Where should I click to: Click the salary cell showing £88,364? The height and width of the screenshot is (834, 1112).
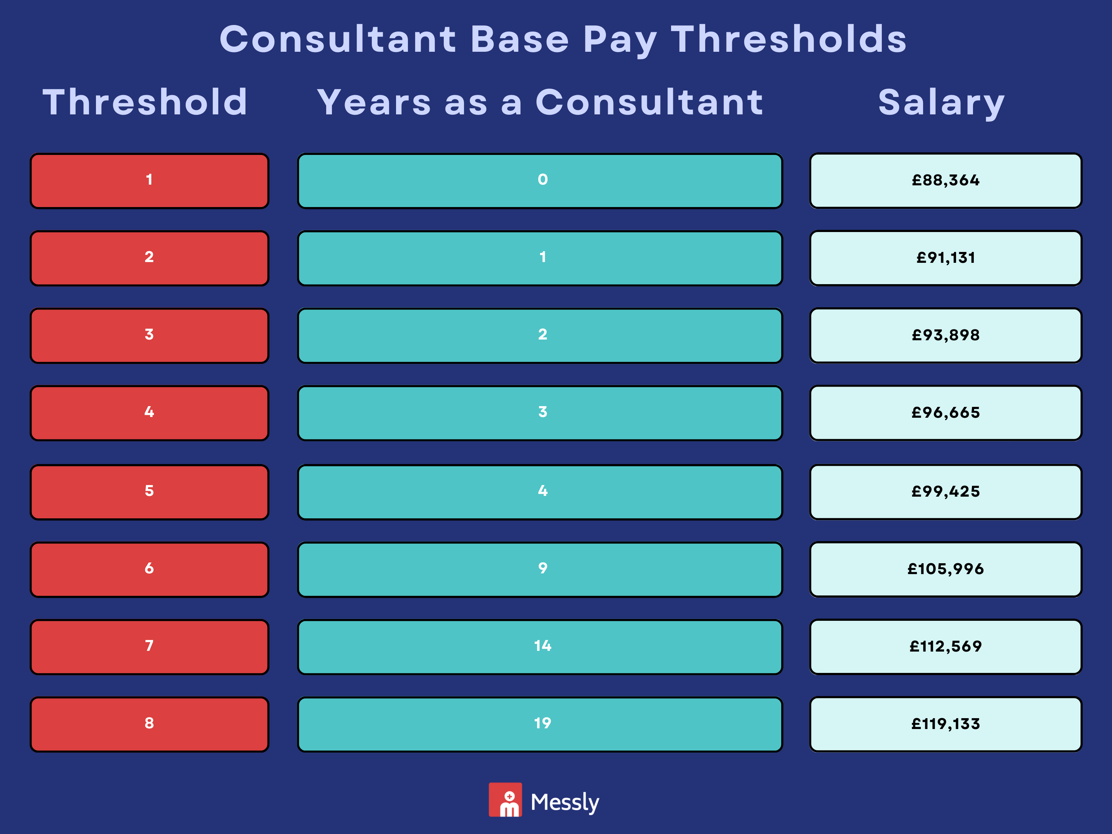point(945,181)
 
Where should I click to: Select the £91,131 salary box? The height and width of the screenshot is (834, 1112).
point(945,258)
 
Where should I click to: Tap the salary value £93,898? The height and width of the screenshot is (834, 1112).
point(945,335)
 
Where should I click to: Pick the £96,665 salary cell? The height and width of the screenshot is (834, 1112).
point(945,413)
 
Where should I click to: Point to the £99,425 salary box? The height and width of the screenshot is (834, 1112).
point(945,492)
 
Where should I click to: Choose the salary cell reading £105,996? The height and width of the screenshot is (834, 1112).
point(945,569)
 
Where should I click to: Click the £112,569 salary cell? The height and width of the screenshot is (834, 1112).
point(945,646)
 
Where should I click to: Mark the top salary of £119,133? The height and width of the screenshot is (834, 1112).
point(945,724)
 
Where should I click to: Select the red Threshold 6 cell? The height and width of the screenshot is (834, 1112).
point(149,569)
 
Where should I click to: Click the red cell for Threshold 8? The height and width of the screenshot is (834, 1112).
point(149,724)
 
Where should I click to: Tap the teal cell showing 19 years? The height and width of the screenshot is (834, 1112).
point(540,724)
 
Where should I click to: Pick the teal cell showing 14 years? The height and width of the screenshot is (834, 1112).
point(540,646)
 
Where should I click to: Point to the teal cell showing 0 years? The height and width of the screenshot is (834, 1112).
point(540,181)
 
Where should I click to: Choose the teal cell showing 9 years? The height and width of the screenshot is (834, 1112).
point(540,569)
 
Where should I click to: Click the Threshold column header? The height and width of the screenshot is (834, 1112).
point(145,102)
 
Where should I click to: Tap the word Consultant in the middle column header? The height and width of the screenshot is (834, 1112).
point(649,102)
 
